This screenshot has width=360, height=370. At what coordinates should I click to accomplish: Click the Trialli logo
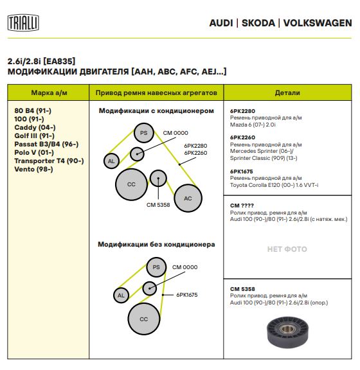click(23, 23)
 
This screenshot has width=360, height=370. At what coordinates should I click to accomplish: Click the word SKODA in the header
click(258, 23)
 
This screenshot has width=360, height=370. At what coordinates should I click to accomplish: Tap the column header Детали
click(287, 92)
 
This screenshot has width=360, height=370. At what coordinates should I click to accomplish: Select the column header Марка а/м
click(49, 92)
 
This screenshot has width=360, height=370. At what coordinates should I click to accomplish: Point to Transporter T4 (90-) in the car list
click(49, 161)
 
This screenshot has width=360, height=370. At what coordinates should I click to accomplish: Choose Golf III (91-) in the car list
click(35, 136)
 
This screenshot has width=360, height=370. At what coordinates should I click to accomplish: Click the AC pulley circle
click(188, 198)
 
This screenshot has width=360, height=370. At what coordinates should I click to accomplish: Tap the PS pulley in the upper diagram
click(144, 133)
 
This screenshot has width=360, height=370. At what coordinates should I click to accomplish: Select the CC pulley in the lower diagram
click(144, 319)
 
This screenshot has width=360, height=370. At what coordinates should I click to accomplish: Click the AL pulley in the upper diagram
click(111, 161)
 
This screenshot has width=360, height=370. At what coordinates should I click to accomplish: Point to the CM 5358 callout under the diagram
click(158, 205)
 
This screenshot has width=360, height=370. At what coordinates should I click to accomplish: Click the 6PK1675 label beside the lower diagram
click(187, 295)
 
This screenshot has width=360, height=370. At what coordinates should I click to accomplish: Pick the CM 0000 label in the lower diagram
click(184, 267)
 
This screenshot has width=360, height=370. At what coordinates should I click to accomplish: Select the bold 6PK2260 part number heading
click(242, 137)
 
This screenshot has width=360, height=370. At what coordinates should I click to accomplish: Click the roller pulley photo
click(287, 333)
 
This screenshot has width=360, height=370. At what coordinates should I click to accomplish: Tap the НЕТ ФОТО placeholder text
click(287, 249)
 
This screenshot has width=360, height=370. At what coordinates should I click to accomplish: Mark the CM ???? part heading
click(242, 206)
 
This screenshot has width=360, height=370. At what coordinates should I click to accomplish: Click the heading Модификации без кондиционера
click(156, 244)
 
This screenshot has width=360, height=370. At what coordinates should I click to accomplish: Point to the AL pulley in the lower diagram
click(121, 295)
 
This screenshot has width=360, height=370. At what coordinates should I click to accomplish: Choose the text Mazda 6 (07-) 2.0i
click(253, 125)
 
